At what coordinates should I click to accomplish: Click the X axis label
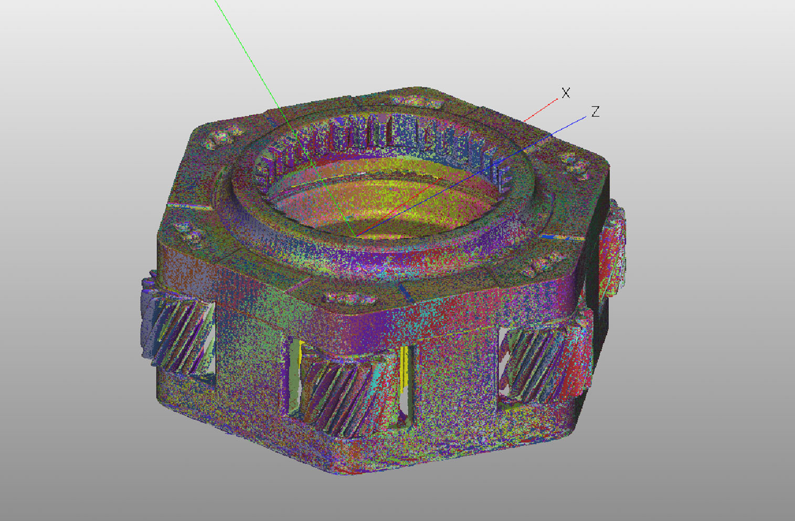point(565,93)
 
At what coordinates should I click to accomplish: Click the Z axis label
point(596,111)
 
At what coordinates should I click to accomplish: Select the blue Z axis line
point(471,176)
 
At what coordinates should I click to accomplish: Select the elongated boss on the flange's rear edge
point(416,101)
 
